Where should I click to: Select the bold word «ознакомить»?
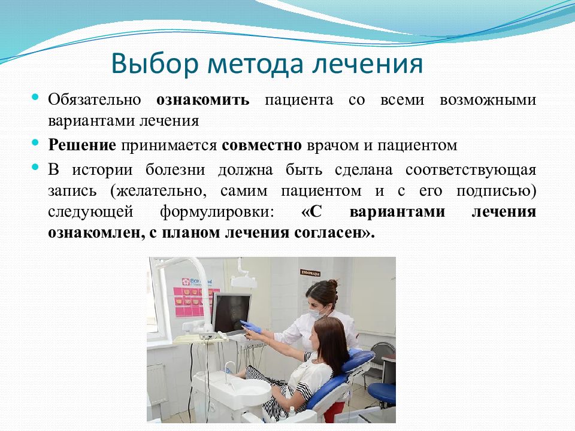pos(203,99)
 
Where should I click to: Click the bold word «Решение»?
pos(82,145)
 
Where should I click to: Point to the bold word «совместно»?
pos(262,145)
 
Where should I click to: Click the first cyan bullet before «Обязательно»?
pos(35,97)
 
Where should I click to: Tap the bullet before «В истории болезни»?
pos(35,167)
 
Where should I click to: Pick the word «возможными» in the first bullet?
pos(488,100)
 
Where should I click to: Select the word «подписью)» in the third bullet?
pos(497,192)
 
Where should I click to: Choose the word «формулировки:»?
pos(217,213)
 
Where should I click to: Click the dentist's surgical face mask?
pos(316,313)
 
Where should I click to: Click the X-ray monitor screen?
pos(231,312)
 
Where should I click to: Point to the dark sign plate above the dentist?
pos(310,273)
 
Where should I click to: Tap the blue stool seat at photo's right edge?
pos(382,392)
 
